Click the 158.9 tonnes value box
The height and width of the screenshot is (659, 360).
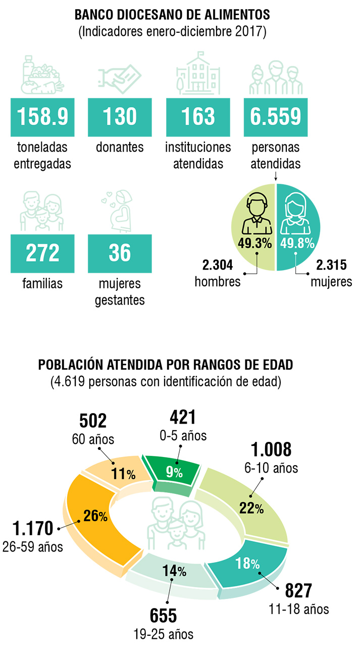[x=43, y=117]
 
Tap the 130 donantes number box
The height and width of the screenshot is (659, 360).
[x=120, y=117]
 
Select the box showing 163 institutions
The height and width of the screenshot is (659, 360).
[x=198, y=117]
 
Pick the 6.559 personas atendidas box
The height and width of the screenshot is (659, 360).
[x=276, y=117]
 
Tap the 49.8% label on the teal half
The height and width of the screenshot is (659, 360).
[x=297, y=243]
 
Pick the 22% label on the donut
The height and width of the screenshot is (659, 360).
[x=252, y=508]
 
